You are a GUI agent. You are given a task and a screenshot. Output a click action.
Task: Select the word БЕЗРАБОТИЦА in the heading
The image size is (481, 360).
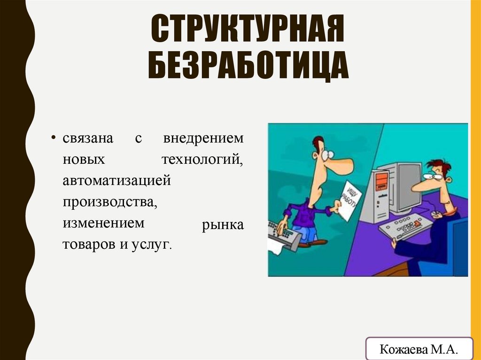click(248, 67)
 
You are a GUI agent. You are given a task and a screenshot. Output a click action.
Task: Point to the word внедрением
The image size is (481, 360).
click(203, 139)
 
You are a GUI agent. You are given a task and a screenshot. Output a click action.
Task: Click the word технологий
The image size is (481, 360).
click(202, 160)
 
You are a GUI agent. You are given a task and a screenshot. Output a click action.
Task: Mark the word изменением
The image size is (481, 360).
click(104, 223)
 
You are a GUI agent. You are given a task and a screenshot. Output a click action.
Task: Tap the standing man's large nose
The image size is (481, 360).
click(339, 165)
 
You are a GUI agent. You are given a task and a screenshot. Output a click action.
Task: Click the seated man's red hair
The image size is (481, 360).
click(439, 166)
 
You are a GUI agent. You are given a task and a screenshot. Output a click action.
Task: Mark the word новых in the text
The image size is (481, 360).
click(84, 160)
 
